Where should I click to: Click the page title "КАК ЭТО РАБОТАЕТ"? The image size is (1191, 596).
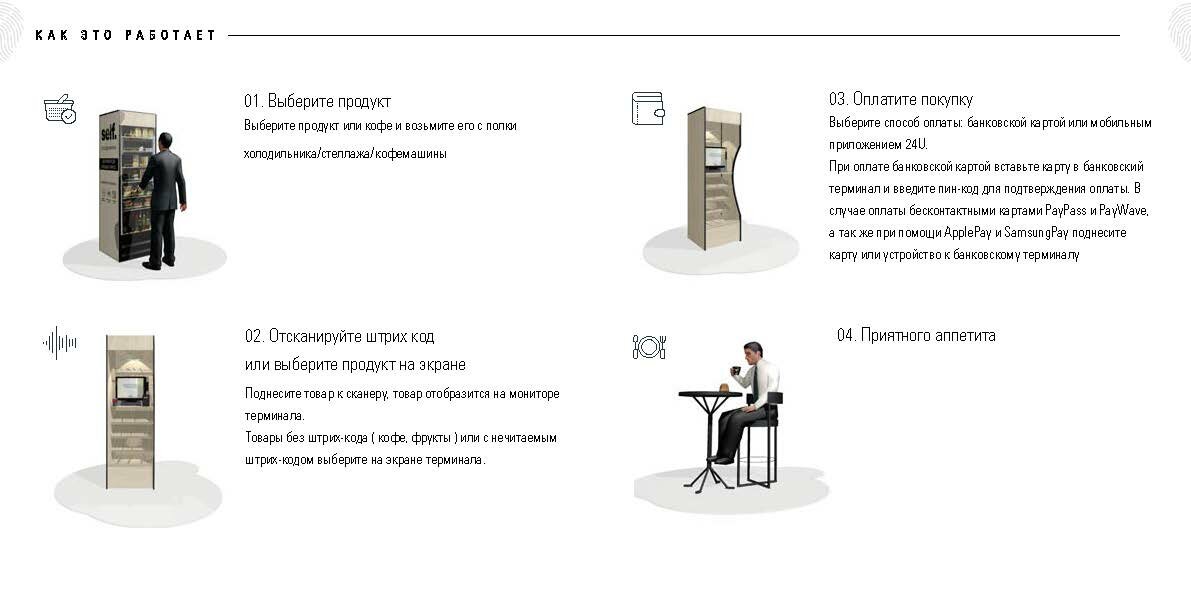click(125, 35)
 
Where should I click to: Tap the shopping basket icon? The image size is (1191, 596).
click(60, 109)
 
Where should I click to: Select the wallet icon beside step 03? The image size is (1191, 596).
click(648, 108)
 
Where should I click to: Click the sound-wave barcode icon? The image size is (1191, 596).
click(60, 343)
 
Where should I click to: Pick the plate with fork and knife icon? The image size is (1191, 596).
click(649, 347)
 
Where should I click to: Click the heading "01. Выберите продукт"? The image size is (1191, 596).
click(317, 101)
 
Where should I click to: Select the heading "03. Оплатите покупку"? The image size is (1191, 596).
click(901, 99)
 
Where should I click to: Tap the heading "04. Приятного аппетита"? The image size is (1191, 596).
click(916, 335)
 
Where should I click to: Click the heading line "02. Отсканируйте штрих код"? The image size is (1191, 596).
click(340, 336)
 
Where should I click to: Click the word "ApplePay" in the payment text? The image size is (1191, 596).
click(967, 232)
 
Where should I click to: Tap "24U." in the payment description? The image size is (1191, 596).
click(916, 144)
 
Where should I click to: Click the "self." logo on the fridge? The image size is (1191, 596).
click(109, 132)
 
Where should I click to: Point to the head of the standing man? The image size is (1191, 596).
click(165, 141)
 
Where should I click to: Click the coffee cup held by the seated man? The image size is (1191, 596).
click(735, 371)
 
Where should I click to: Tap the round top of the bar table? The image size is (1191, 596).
click(710, 394)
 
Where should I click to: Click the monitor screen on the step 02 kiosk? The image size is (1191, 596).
click(130, 387)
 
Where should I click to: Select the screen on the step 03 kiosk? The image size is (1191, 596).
click(715, 156)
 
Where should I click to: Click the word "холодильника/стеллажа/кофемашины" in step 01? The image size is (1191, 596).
click(345, 153)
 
